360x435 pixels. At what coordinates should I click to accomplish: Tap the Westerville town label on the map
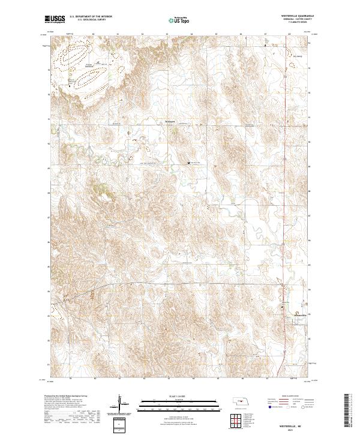tap(299, 314)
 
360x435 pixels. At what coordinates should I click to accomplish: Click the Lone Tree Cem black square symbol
tap(190, 163)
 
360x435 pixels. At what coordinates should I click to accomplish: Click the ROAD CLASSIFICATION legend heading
tap(291, 397)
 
